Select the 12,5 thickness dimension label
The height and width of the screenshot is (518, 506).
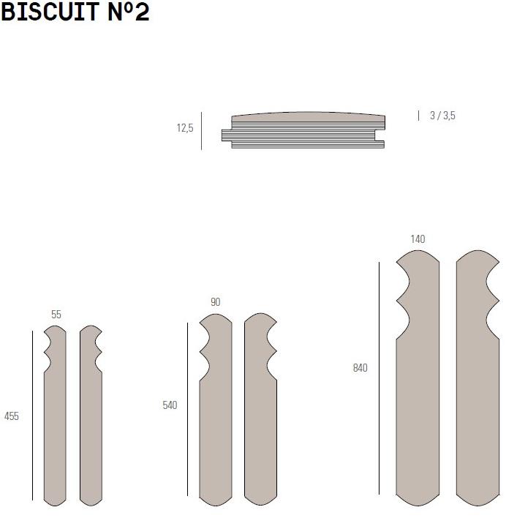pyautogui.click(x=184, y=128)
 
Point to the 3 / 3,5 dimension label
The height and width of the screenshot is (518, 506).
pyautogui.click(x=442, y=115)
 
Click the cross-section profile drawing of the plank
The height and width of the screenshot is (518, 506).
pyautogui.click(x=303, y=131)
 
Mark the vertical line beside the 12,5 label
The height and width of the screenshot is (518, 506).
pyautogui.click(x=201, y=130)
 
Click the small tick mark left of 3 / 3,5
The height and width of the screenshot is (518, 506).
pyautogui.click(x=418, y=115)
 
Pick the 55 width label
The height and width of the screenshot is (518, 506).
pyautogui.click(x=56, y=315)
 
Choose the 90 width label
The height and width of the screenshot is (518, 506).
pyautogui.click(x=215, y=301)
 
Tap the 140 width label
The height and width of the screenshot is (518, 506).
pyautogui.click(x=418, y=239)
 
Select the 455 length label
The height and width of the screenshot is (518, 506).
pyautogui.click(x=12, y=416)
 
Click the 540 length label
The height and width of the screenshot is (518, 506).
pyautogui.click(x=170, y=405)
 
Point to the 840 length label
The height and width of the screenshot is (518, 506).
pyautogui.click(x=360, y=368)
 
